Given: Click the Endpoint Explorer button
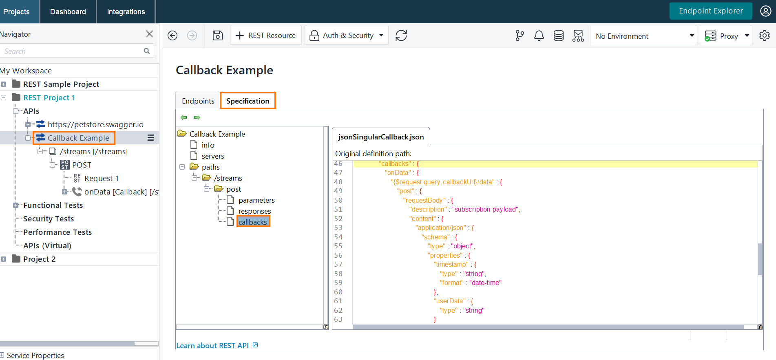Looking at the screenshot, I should pos(710,11).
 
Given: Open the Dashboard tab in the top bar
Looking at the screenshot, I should pos(68,12).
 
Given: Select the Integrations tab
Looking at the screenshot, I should pos(126,12).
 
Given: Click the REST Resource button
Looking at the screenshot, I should pos(266,35).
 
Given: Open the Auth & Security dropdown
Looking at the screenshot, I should pos(347,35).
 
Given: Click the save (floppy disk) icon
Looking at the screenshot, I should pos(218,35).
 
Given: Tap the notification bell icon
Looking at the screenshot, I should pos(539,36).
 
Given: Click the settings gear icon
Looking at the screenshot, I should pos(764,36).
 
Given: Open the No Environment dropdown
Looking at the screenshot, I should pos(643,36).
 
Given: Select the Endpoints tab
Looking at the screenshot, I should pos(198,101).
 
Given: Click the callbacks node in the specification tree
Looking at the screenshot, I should pos(253,222).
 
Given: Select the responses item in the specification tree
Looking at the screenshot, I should pos(254,211).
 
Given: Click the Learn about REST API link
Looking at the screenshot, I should pos(212,346).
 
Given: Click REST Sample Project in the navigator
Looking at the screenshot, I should pos(61,84).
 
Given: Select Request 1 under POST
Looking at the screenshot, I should pos(101,179).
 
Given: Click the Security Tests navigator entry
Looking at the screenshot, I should pos(49,219).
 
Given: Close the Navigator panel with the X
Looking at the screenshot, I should pos(149,34).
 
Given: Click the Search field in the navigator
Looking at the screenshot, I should pos(71,51).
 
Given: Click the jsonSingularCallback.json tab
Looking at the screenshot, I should pos(381,137).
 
